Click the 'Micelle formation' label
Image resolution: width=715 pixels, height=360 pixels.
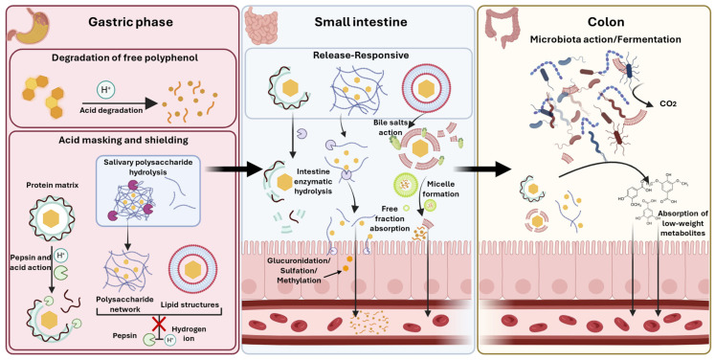point(442,189)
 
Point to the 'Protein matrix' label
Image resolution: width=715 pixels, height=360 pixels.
point(51,186)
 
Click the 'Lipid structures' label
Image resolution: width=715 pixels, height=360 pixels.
point(192,304)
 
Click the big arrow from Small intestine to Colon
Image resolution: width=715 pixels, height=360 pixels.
point(483,169)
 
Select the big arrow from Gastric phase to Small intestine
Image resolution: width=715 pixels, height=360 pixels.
point(232,169)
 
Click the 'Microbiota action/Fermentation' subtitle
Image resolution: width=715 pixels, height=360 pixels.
point(605,39)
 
